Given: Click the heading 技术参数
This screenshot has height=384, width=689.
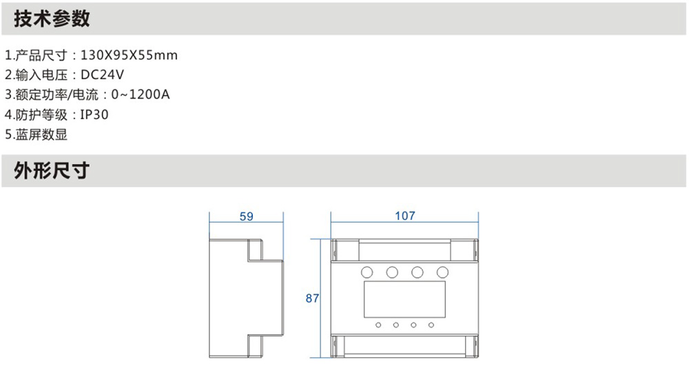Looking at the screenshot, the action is point(52,19).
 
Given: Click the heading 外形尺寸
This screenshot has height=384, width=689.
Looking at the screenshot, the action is point(52,171).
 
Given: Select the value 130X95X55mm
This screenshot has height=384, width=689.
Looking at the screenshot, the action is point(130,55).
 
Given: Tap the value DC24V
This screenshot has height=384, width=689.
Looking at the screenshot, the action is point(103,74).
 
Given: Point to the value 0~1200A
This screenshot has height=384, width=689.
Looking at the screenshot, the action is point(140,94).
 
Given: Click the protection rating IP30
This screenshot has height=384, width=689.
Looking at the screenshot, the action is point(94,115).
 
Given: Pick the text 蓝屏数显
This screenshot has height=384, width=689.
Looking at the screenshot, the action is point(42,134).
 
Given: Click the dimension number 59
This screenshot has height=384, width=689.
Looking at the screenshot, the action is point(247,216).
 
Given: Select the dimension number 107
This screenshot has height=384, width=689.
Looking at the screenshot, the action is point(404,216).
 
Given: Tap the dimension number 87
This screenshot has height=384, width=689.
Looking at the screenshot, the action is point(312,299).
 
